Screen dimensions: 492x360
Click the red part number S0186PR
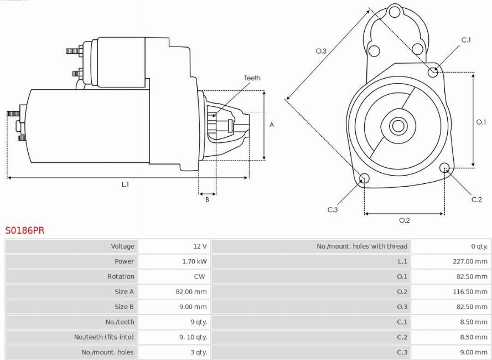click(25, 230)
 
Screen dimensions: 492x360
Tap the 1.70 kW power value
click(195, 261)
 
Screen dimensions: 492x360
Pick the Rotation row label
click(121, 276)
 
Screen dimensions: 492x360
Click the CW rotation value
click(200, 276)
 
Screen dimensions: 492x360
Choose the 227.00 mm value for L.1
click(470, 261)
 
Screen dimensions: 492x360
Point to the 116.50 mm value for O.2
click(470, 291)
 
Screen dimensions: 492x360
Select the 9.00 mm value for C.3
click(472, 352)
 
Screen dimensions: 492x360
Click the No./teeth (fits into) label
click(104, 337)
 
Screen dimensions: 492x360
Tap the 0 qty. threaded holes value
click(479, 246)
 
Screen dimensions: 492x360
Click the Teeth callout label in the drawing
click(252, 78)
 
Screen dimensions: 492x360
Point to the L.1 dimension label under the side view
click(125, 184)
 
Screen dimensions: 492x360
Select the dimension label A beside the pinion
click(272, 125)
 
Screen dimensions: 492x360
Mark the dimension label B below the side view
click(207, 199)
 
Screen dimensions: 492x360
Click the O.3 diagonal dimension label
click(321, 51)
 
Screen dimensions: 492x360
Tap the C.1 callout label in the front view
click(466, 40)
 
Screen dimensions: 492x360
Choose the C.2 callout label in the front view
click(477, 199)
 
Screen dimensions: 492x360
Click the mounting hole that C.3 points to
click(364, 178)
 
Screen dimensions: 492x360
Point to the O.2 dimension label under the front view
click(405, 220)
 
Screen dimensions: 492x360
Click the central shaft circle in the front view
click(398, 126)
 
